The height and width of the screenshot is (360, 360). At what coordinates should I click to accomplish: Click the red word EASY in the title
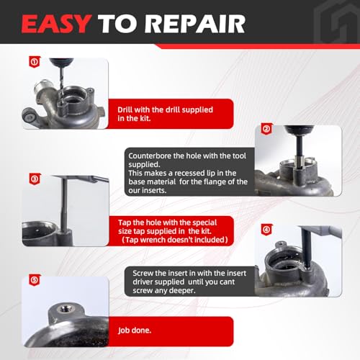pos(56,24)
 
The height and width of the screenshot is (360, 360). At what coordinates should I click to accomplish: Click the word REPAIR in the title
pos(195,24)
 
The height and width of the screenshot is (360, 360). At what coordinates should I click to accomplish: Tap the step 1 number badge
pos(35,62)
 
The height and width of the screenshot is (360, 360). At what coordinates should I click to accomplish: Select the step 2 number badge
pos(266,129)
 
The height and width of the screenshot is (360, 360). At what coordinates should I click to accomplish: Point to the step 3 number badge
pos(35,179)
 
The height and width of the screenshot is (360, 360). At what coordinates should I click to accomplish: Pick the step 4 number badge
pos(266,230)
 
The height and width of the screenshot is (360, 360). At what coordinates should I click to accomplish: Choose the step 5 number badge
pos(35,280)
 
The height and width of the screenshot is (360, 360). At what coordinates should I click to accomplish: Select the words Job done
pos(135,330)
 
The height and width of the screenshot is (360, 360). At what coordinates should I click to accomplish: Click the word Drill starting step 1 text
pos(125,109)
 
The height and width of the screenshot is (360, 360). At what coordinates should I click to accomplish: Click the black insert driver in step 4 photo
pos(307,247)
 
